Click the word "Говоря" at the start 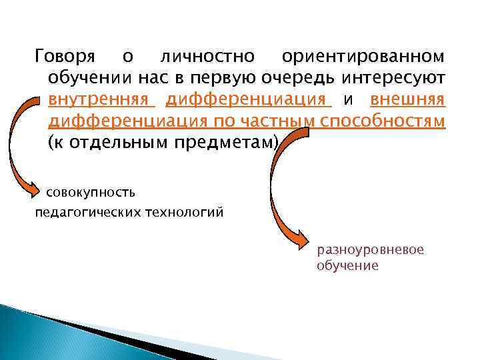[x=65, y=59]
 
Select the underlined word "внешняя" [x=407, y=101]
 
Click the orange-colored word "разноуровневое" [x=370, y=250]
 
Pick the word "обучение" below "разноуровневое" [x=347, y=265]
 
